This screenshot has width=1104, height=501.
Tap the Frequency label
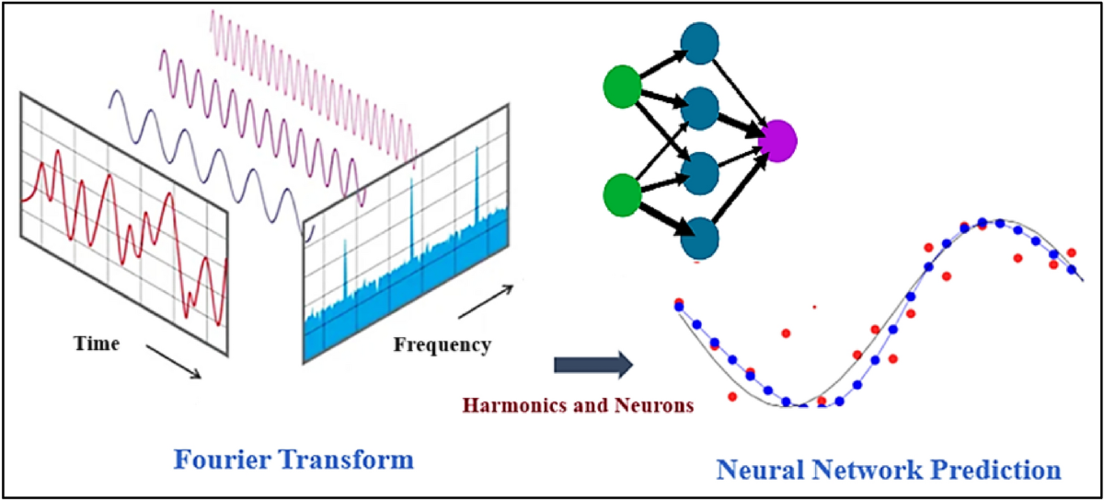[x=442, y=346]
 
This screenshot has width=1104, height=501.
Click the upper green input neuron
[x=622, y=87]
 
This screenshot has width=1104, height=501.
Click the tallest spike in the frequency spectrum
[x=477, y=184]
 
